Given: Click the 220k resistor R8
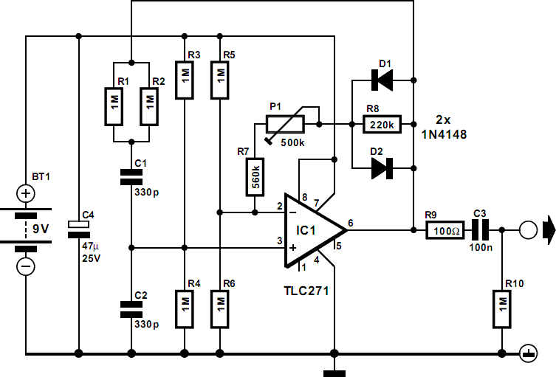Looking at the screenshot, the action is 382,125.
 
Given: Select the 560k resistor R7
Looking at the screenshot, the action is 255,177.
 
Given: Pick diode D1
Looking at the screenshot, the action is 382,80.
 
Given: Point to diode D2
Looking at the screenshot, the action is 382,168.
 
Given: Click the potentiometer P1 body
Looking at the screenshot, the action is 285,125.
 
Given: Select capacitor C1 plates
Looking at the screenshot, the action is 131,177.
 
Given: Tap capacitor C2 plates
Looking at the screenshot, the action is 131,309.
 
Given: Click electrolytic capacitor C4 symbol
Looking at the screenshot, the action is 79,229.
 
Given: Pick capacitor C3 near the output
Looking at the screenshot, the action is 481,230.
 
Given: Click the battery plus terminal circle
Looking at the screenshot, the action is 26,193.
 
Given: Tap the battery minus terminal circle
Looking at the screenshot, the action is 26,266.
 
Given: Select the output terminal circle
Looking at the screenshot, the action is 529,230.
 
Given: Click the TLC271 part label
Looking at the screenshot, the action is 306,291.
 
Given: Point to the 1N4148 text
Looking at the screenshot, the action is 444,134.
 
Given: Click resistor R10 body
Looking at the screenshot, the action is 502,309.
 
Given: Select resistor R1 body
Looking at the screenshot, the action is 114,107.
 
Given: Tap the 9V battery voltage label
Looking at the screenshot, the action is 41,229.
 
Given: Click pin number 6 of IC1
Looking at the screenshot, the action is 350,223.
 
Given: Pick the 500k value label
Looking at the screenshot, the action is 292,143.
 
